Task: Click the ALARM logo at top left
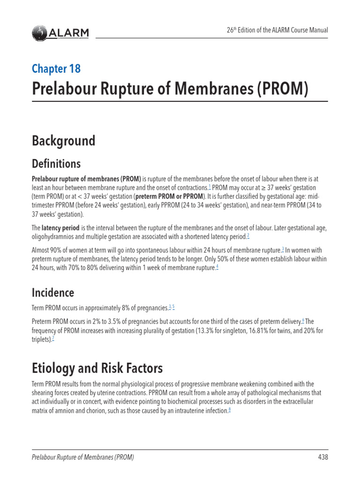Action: click(x=60, y=33)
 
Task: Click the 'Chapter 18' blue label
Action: click(x=56, y=68)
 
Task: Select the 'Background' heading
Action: click(x=63, y=141)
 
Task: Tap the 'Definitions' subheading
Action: click(x=56, y=164)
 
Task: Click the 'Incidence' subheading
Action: click(x=52, y=292)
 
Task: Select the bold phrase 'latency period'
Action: click(x=60, y=228)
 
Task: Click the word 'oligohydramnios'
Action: click(x=56, y=236)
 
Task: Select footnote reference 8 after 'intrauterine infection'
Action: click(x=229, y=410)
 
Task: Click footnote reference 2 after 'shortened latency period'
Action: click(x=248, y=235)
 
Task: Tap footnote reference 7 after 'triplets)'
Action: click(x=53, y=339)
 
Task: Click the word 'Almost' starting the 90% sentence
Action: click(x=41, y=250)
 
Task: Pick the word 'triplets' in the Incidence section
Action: click(x=41, y=339)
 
